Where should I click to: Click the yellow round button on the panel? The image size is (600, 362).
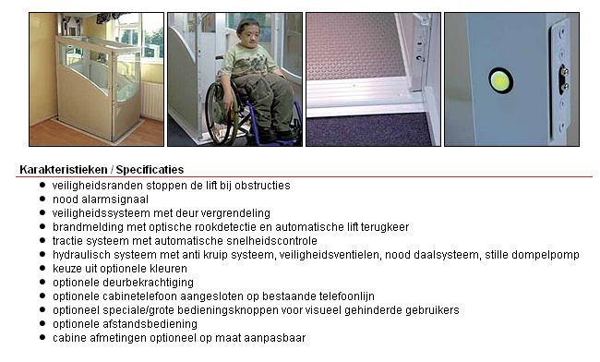tap(500, 80)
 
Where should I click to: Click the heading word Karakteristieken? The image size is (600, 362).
tap(62, 170)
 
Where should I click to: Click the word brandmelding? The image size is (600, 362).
tap(84, 227)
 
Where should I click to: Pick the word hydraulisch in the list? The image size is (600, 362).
tap(81, 255)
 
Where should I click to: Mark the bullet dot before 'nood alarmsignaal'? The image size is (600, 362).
tap(42, 199)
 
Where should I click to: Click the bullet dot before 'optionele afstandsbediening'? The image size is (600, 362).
tap(42, 324)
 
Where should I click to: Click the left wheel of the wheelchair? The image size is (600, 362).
tap(221, 115)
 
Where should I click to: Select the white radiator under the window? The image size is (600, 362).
tap(152, 100)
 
